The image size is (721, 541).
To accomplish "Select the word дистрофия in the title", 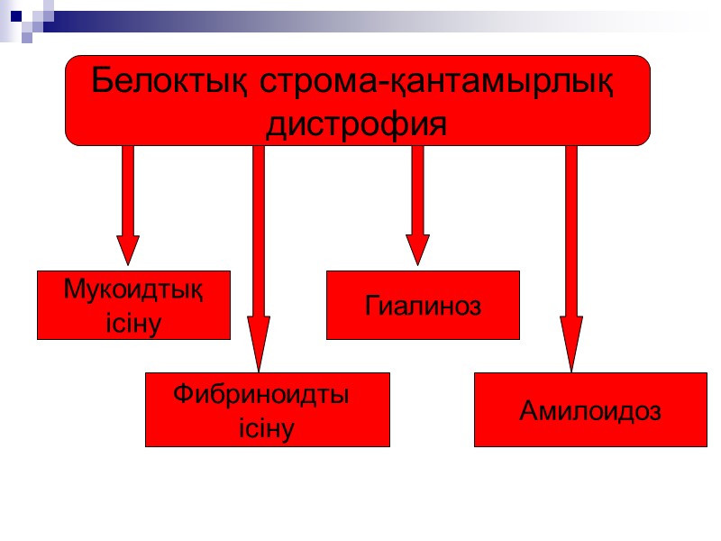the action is coord(356,124).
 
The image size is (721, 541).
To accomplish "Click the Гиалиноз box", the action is coord(423,305).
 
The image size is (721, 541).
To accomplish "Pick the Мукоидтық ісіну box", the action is coord(133,305).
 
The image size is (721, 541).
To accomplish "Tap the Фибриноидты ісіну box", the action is coord(267,409).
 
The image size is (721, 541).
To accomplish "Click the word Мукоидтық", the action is coord(132,290).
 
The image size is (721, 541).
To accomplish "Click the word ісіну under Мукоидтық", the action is coord(133,322).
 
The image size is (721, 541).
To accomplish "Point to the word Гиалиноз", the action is coord(423,306).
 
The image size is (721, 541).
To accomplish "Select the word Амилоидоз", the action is coord(589,411).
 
